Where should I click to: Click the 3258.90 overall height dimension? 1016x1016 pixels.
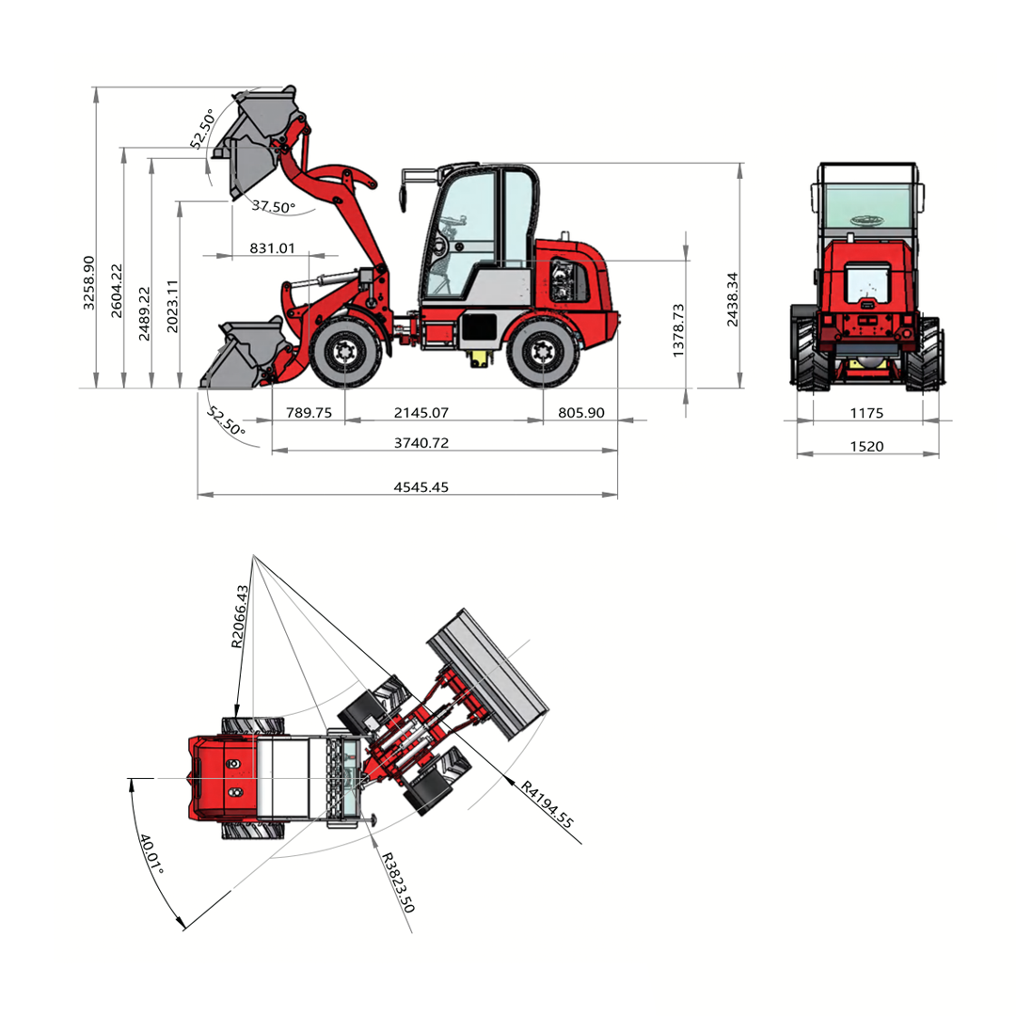point(88,283)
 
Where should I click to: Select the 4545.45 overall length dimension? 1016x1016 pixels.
point(421,487)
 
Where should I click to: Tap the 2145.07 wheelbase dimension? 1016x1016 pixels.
point(421,413)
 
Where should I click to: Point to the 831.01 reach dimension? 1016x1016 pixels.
point(272,248)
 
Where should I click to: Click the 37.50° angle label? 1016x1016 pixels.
point(274,207)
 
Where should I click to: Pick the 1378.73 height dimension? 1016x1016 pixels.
point(677,330)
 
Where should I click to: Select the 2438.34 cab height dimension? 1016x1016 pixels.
point(732,299)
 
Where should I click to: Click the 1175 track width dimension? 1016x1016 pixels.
point(867,413)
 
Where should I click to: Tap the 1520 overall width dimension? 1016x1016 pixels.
point(867,447)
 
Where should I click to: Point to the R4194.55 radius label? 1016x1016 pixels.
point(548,804)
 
